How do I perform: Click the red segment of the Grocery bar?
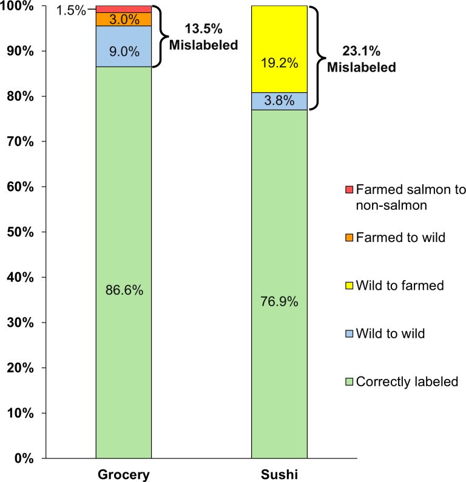123,9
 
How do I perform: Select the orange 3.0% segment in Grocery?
123,19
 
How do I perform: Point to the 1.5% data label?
76,10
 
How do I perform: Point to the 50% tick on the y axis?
22,232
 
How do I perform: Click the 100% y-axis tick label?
19,6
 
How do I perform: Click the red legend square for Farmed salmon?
348,190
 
